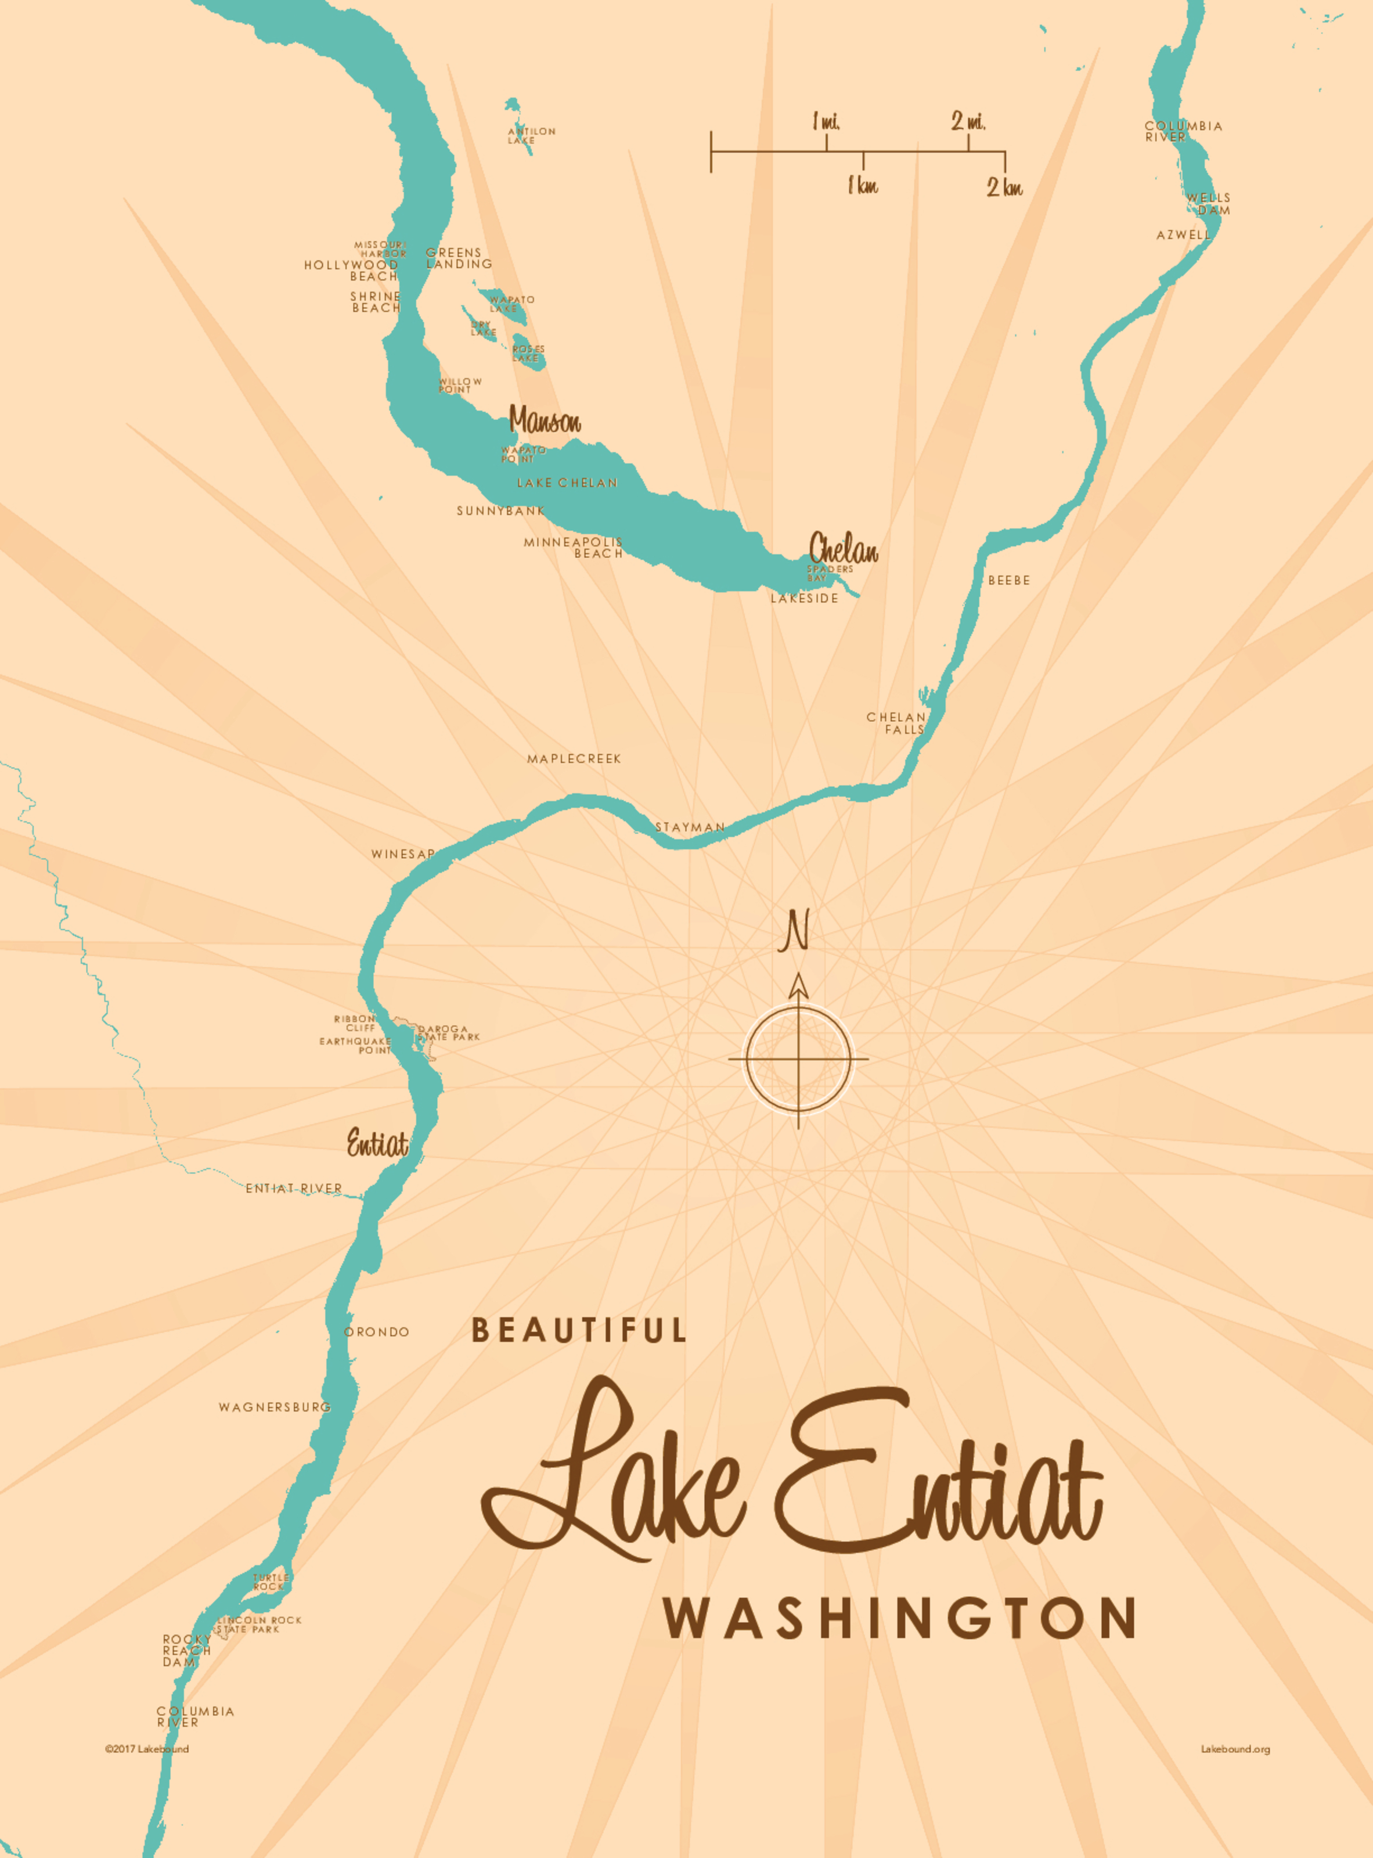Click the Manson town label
click(545, 420)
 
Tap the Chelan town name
click(843, 549)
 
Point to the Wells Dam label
click(1209, 204)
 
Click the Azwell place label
click(1183, 235)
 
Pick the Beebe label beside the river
click(1009, 580)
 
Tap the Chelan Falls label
click(896, 723)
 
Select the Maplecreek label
click(574, 759)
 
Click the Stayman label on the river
click(690, 827)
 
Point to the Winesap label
click(403, 854)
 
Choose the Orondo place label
click(377, 1332)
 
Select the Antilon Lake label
click(531, 135)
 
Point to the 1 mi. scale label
click(826, 122)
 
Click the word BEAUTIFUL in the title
click(579, 1331)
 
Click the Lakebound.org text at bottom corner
click(1235, 1749)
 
